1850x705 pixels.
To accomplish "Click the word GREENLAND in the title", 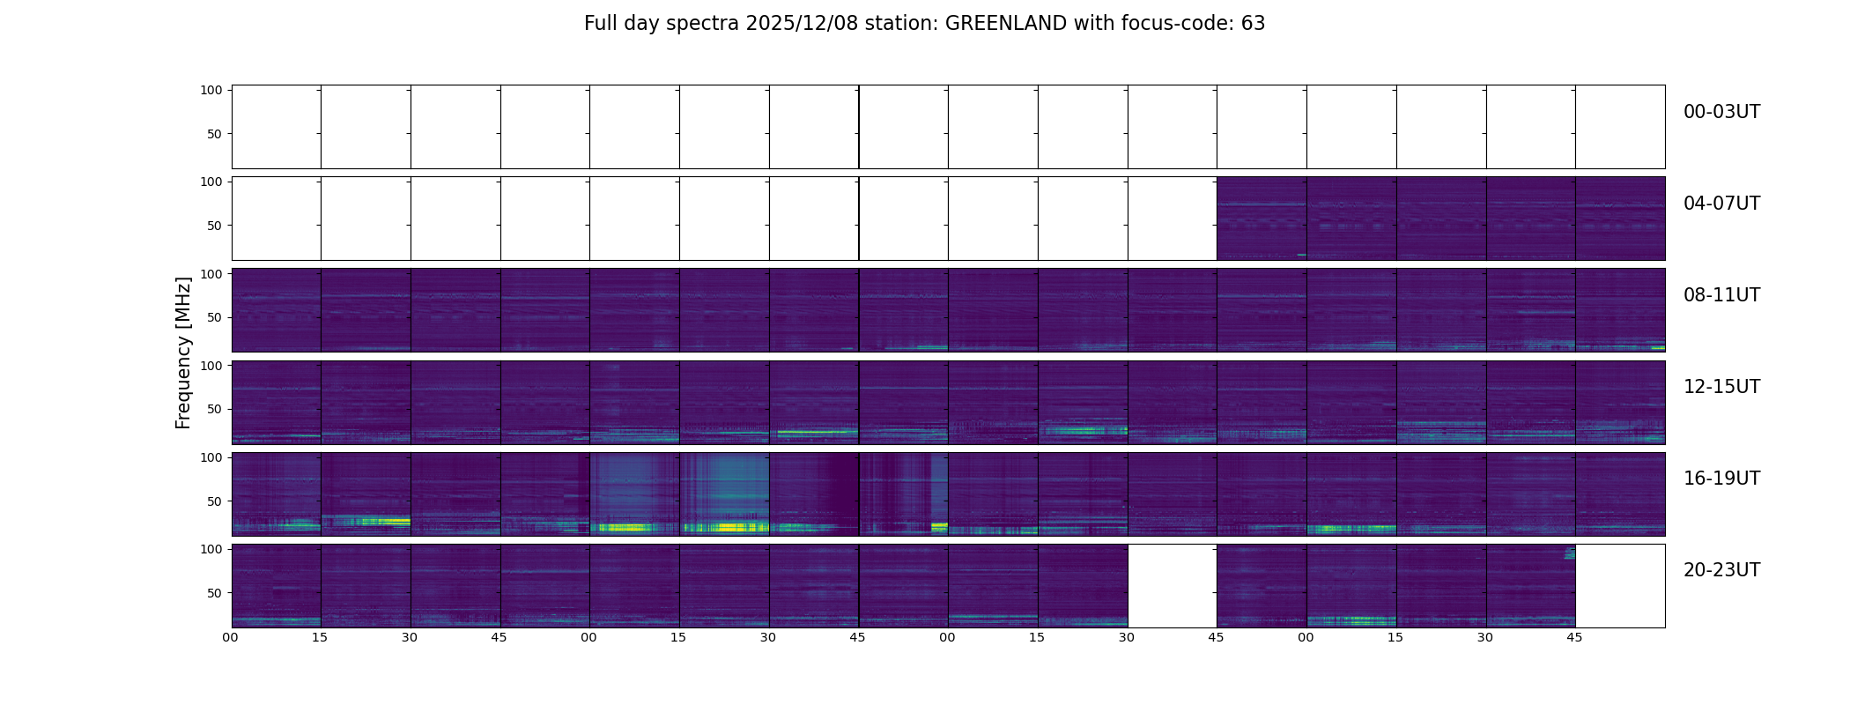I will pyautogui.click(x=1005, y=24).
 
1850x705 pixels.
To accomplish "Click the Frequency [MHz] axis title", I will pyautogui.click(x=183, y=352).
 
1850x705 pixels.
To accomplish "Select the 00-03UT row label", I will pyautogui.click(x=1721, y=112).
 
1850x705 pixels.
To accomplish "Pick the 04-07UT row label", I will pyautogui.click(x=1721, y=204).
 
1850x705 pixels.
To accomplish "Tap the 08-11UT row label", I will pyautogui.click(x=1721, y=295).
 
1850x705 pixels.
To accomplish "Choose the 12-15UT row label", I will pyautogui.click(x=1721, y=387).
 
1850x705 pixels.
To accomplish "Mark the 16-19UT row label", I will pyautogui.click(x=1721, y=479).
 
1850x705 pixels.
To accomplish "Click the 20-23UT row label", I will pyautogui.click(x=1721, y=570).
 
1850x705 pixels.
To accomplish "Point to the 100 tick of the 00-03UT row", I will pyautogui.click(x=211, y=90).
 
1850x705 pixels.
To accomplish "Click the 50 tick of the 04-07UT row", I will pyautogui.click(x=215, y=226).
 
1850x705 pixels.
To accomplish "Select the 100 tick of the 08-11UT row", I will pyautogui.click(x=211, y=274).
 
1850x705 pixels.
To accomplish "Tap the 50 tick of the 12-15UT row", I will pyautogui.click(x=215, y=409).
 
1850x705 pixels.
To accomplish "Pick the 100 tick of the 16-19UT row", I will pyautogui.click(x=211, y=457).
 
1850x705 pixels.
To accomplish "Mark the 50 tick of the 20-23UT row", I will pyautogui.click(x=215, y=593).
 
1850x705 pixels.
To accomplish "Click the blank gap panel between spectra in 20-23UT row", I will pyautogui.click(x=1172, y=586).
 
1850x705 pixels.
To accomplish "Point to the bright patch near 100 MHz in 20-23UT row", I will pyautogui.click(x=1569, y=553).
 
